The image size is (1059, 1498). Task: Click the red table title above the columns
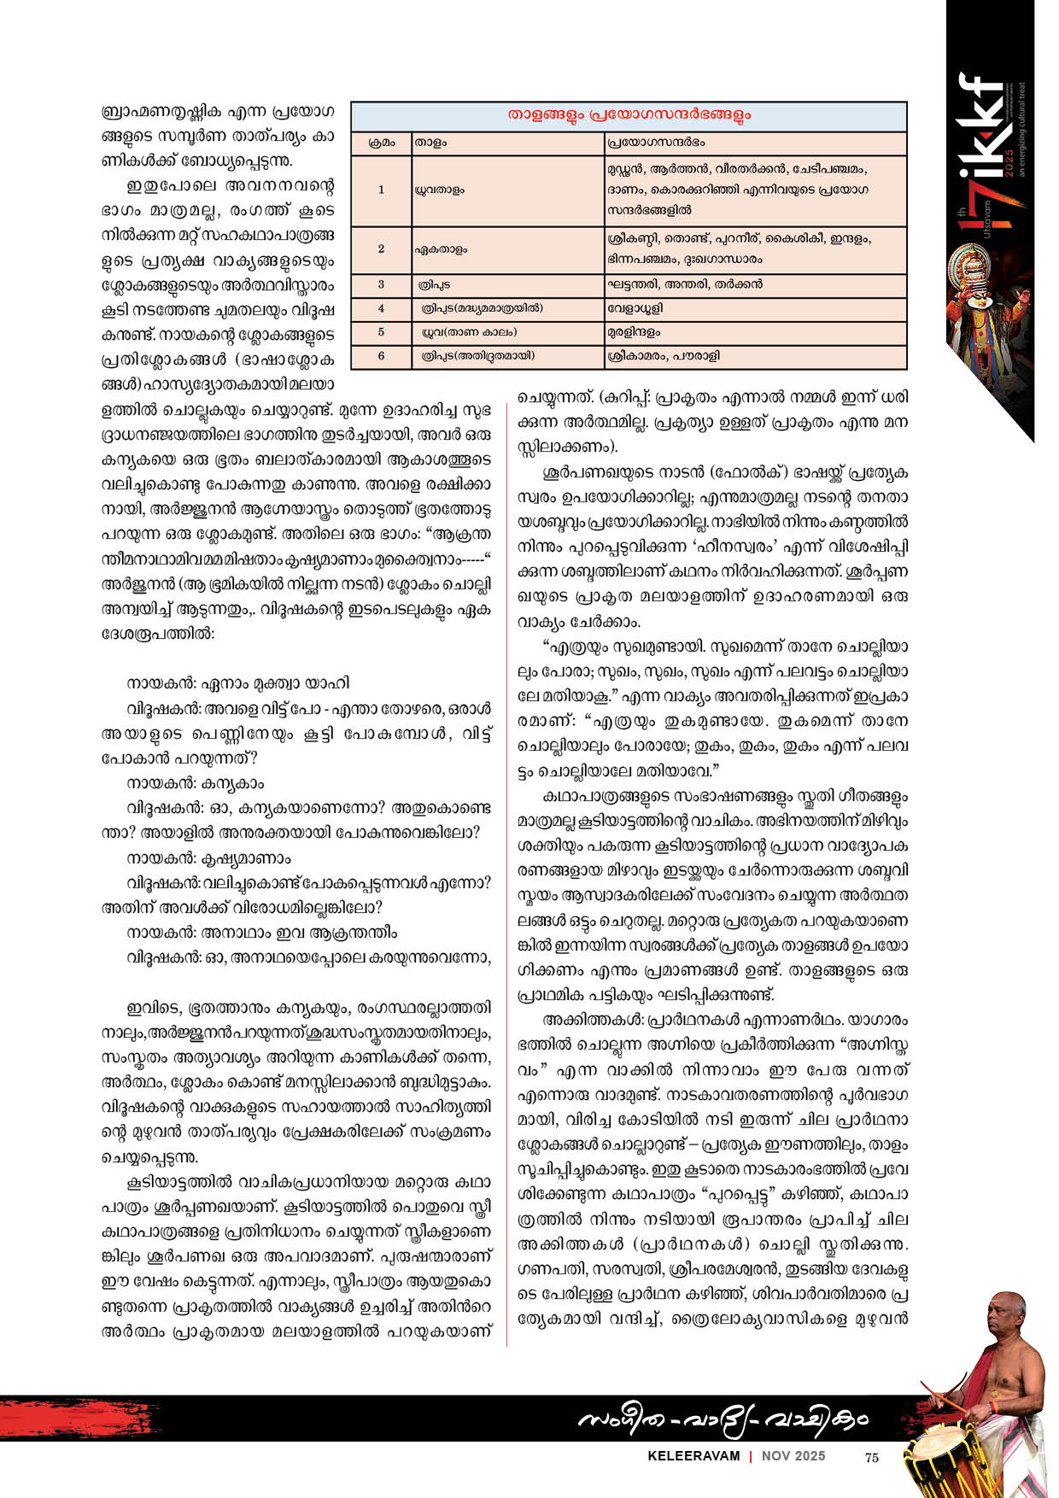point(629,115)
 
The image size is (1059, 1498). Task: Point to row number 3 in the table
point(381,284)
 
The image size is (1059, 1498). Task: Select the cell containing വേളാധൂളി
point(636,307)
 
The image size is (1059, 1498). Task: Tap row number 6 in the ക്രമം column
point(381,355)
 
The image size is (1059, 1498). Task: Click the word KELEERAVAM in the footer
point(693,1456)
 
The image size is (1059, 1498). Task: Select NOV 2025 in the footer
point(794,1456)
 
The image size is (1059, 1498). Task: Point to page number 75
point(871,1457)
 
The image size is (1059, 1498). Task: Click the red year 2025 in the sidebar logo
point(1009,156)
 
